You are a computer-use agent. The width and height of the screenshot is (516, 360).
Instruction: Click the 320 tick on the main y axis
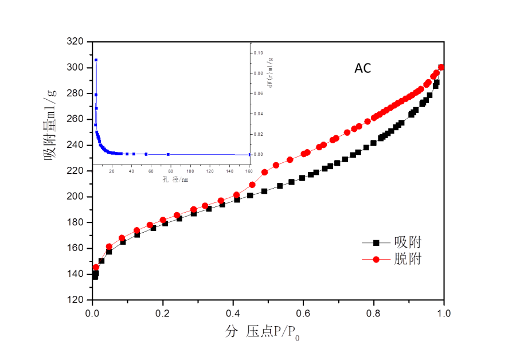(75, 41)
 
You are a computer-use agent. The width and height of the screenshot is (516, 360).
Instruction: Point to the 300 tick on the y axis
(75, 67)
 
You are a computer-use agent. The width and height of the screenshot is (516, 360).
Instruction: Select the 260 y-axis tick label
(75, 119)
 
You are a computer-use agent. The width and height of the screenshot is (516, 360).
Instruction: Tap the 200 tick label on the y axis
(75, 196)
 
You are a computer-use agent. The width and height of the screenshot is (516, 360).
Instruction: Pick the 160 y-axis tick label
(75, 248)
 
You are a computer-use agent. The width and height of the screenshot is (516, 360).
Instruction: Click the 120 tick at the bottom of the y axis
(75, 299)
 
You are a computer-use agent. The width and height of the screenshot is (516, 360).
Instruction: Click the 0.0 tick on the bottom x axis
(92, 314)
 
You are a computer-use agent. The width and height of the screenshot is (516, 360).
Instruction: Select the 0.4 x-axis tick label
(233, 314)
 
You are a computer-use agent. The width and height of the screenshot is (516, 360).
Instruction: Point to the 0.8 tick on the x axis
(373, 314)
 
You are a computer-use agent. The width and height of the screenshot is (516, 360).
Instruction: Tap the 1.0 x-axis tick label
(443, 314)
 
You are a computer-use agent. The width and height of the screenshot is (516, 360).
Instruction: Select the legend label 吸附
(408, 242)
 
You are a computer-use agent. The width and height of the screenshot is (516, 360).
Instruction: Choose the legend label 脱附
(408, 259)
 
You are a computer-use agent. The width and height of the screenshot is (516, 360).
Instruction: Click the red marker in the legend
(376, 259)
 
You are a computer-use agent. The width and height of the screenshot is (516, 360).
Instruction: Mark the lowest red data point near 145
(96, 267)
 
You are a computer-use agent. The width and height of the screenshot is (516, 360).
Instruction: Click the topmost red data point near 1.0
(441, 67)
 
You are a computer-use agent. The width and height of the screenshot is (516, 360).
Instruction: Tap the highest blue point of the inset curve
(96, 60)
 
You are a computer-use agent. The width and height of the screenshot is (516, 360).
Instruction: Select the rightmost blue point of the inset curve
(249, 154)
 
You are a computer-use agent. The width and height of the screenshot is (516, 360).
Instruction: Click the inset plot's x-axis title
(174, 180)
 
